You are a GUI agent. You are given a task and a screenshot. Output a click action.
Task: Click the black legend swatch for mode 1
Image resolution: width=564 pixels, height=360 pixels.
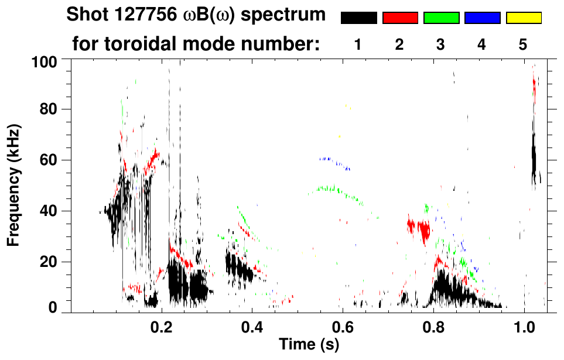point(358,18)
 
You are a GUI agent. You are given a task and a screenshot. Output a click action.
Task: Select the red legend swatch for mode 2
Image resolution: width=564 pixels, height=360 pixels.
point(400,18)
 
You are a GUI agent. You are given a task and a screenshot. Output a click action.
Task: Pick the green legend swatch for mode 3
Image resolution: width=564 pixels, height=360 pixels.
point(441,18)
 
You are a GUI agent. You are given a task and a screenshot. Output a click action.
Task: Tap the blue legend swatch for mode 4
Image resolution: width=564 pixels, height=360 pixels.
point(482,18)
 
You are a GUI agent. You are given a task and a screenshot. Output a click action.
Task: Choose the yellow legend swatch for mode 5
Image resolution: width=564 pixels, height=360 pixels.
point(524,18)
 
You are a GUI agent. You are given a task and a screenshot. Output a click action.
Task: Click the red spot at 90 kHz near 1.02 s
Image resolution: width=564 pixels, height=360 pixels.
point(534,85)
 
